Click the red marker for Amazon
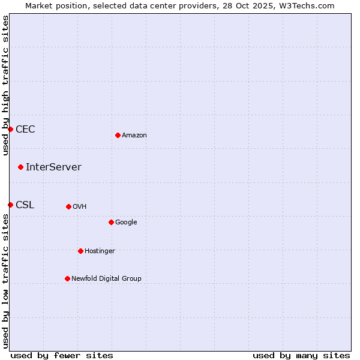[118, 135]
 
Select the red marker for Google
[111, 222]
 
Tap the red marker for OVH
[68, 206]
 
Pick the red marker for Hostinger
[80, 251]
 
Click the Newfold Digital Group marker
[67, 278]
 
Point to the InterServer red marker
[20, 167]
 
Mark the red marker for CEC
[10, 129]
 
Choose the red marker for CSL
[10, 205]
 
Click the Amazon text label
[134, 136]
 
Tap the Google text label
[126, 223]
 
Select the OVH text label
[80, 207]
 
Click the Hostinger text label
[100, 251]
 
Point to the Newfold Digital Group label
[106, 279]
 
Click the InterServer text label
[53, 167]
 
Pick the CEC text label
[25, 130]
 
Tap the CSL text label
[25, 205]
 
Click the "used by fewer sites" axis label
[62, 356]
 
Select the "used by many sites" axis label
[301, 356]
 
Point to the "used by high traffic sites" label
[5, 85]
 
